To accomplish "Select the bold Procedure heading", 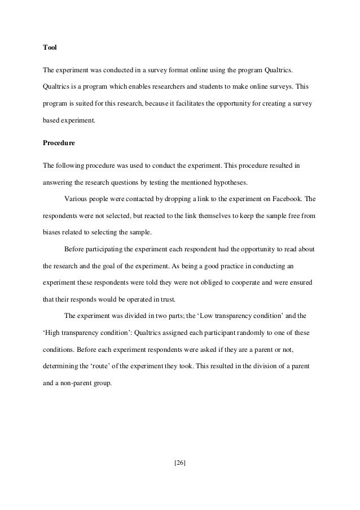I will click(x=59, y=143).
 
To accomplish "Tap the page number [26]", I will click(x=180, y=463).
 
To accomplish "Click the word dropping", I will click(x=170, y=199).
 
